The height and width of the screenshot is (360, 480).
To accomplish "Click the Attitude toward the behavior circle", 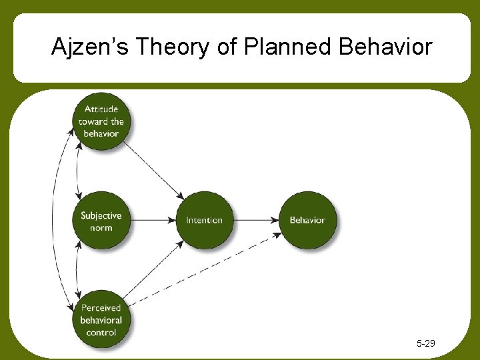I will pos(101,121).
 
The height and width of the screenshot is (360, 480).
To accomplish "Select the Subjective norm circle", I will pos(101,221).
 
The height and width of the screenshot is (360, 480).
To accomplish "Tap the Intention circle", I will pos(204,220).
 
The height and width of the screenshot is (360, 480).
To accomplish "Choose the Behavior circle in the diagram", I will pos(307,220).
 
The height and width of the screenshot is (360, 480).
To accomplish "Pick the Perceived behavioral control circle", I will pos(101,319).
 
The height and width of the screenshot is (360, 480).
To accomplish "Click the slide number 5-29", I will pos(425,343).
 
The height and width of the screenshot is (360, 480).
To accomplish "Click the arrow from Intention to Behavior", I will pos(256,220).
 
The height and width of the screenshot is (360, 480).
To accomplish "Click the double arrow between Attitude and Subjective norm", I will pos(79,171).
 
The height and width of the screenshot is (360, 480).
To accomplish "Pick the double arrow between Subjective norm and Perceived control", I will pos(78,270).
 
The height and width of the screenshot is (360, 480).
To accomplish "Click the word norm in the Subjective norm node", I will pos(101,228).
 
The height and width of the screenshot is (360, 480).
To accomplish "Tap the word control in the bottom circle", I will pos(101,332).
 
